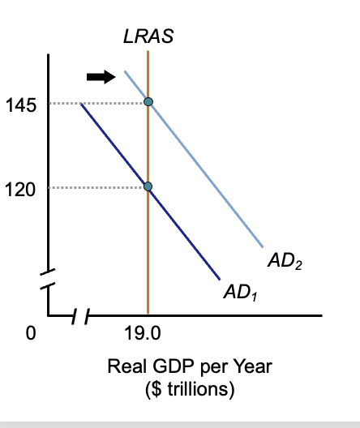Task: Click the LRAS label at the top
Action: click(148, 37)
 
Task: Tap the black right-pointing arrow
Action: click(101, 76)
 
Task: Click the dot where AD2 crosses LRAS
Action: click(148, 101)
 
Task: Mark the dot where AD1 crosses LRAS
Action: click(148, 186)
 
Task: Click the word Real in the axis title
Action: click(125, 367)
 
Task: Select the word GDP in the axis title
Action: click(165, 367)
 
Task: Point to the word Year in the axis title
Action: click(254, 367)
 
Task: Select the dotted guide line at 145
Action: click(97, 103)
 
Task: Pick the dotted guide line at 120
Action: click(97, 187)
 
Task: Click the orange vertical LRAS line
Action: click(148, 243)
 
